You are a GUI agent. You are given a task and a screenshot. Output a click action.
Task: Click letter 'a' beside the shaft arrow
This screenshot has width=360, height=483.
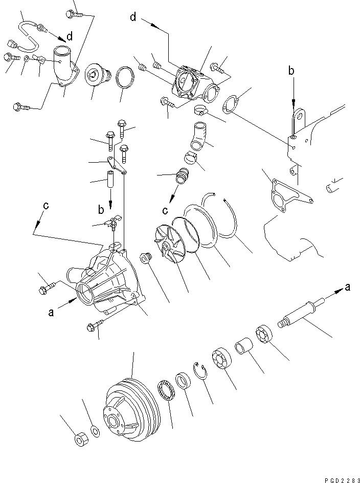(x=348, y=288)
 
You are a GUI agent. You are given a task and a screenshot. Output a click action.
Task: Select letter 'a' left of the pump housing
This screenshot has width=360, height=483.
(x=51, y=313)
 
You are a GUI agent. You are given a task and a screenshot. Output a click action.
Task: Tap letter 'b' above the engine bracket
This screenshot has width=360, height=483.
(x=291, y=72)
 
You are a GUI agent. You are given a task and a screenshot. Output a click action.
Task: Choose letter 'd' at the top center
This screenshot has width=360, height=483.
(x=133, y=18)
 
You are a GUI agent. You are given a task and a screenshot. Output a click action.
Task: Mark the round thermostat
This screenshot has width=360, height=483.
(x=95, y=77)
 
